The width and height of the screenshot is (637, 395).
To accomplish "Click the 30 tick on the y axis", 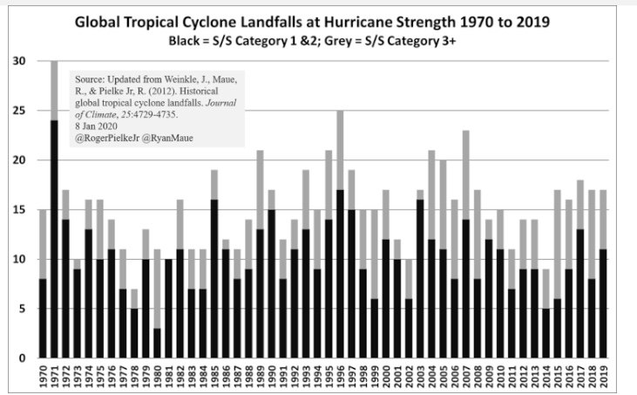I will click(x=19, y=62).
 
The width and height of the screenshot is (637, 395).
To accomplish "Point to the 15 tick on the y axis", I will click(x=19, y=210).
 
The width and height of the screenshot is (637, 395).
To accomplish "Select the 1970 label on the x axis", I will click(x=43, y=377).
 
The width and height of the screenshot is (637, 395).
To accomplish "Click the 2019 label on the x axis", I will click(x=603, y=377).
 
